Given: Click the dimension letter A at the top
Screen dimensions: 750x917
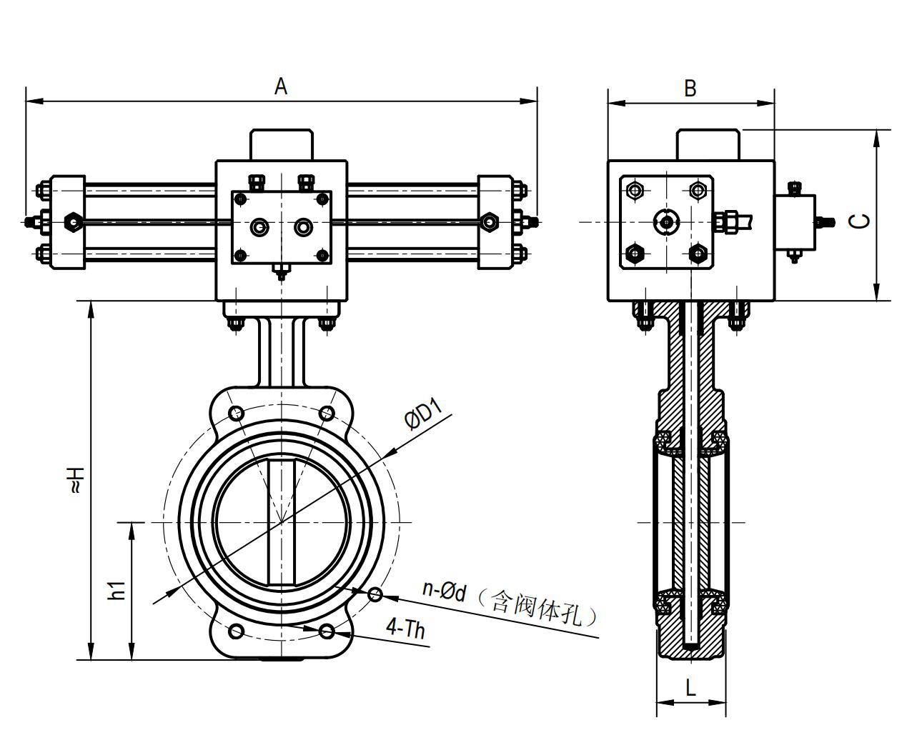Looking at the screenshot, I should click(x=281, y=86).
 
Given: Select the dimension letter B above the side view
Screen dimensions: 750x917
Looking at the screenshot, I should click(x=690, y=88).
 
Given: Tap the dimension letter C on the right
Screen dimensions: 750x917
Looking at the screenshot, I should click(x=863, y=220).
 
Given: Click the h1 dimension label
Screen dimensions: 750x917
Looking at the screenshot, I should click(x=117, y=591).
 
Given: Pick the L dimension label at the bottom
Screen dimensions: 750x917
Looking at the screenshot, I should click(x=690, y=688).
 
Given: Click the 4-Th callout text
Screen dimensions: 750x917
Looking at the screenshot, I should click(x=405, y=629).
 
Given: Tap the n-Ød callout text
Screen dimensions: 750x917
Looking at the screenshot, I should click(x=444, y=590).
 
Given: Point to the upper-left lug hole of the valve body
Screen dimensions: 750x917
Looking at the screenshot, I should click(x=237, y=413).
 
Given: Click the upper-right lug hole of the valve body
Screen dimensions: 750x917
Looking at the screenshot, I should click(x=327, y=413).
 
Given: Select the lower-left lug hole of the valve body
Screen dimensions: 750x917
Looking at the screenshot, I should click(x=237, y=631).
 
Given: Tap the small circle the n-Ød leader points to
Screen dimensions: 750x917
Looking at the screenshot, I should click(x=375, y=594).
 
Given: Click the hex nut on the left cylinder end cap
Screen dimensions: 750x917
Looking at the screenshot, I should click(x=73, y=221).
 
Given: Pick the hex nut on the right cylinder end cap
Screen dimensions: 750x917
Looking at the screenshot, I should click(x=489, y=221).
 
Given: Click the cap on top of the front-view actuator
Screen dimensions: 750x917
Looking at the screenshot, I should click(x=282, y=144).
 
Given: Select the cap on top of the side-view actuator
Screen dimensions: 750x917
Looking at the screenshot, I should click(x=708, y=144).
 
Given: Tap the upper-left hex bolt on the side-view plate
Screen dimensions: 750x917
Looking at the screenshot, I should click(x=635, y=190).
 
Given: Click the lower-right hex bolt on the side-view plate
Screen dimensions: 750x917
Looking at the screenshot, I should click(x=698, y=253).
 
